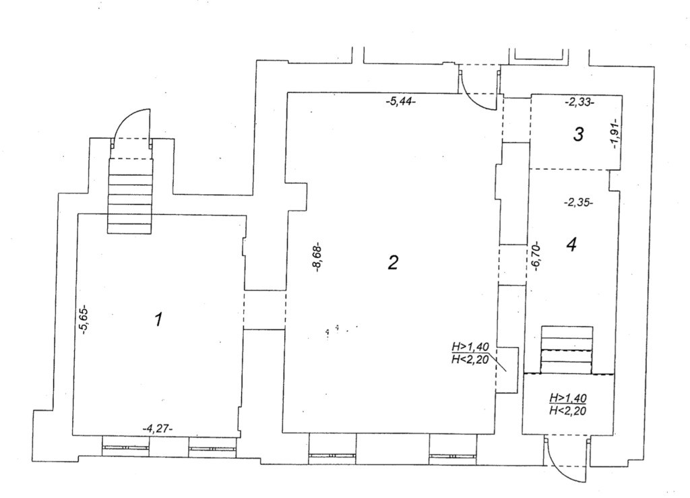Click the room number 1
(x=158, y=319)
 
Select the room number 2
(x=393, y=263)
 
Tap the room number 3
(x=578, y=134)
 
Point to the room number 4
(x=571, y=244)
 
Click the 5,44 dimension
(x=400, y=102)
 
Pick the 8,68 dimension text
(x=319, y=259)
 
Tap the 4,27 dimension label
(x=158, y=429)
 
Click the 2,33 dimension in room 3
(x=579, y=102)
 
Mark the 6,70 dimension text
(x=536, y=257)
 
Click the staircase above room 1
(x=131, y=196)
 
